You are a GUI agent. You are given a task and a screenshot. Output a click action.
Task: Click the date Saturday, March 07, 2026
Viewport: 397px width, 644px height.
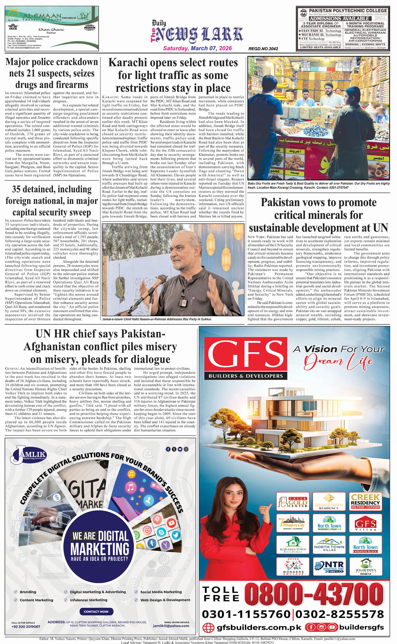pos(197,48)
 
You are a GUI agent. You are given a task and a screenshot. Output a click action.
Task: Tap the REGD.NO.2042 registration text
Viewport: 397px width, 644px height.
pos(263,49)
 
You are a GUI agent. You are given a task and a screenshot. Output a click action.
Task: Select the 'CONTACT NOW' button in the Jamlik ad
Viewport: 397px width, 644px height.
pos(96,611)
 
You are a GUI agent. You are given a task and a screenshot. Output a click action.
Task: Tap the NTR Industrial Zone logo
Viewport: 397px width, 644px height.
pos(329,566)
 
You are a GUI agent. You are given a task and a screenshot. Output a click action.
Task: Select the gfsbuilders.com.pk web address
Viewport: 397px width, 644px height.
pos(259,627)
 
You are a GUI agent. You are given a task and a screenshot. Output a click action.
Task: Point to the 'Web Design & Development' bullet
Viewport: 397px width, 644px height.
pos(165,600)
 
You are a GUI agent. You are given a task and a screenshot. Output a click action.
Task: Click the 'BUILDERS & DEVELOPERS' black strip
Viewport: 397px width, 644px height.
pos(246,376)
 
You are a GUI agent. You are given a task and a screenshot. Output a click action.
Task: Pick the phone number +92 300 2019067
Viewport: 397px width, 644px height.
pos(26,626)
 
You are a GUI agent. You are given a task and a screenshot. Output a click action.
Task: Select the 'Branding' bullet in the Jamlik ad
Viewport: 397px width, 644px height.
pos(28,592)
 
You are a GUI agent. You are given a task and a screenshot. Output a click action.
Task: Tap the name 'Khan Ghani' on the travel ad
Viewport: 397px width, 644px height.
pos(51,29)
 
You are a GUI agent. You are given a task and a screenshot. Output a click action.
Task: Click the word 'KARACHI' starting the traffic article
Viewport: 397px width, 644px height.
pos(110,97)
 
